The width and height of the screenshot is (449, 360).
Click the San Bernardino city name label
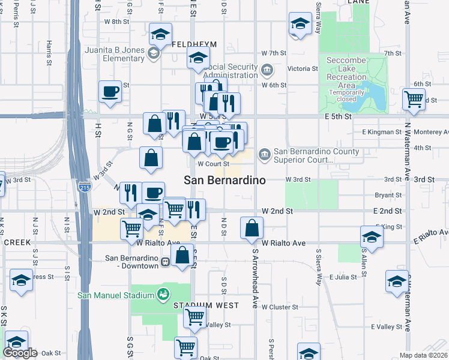click(x=224, y=180)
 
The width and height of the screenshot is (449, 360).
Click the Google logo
click(x=20, y=353)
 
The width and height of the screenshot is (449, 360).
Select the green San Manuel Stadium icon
click(x=161, y=295)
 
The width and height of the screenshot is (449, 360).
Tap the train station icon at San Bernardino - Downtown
click(x=164, y=262)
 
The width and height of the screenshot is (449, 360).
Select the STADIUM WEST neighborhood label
click(x=206, y=305)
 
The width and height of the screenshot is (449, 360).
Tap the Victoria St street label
click(x=303, y=69)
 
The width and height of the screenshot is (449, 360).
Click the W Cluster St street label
click(x=280, y=307)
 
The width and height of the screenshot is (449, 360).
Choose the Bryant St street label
click(x=388, y=196)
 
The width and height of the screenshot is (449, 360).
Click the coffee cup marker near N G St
click(x=110, y=92)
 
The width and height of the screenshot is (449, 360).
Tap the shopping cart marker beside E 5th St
click(x=414, y=99)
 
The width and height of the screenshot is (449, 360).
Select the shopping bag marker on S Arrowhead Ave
click(x=252, y=228)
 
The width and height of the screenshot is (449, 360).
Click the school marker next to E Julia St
click(x=397, y=281)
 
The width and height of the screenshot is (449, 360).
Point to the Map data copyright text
click(x=424, y=355)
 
